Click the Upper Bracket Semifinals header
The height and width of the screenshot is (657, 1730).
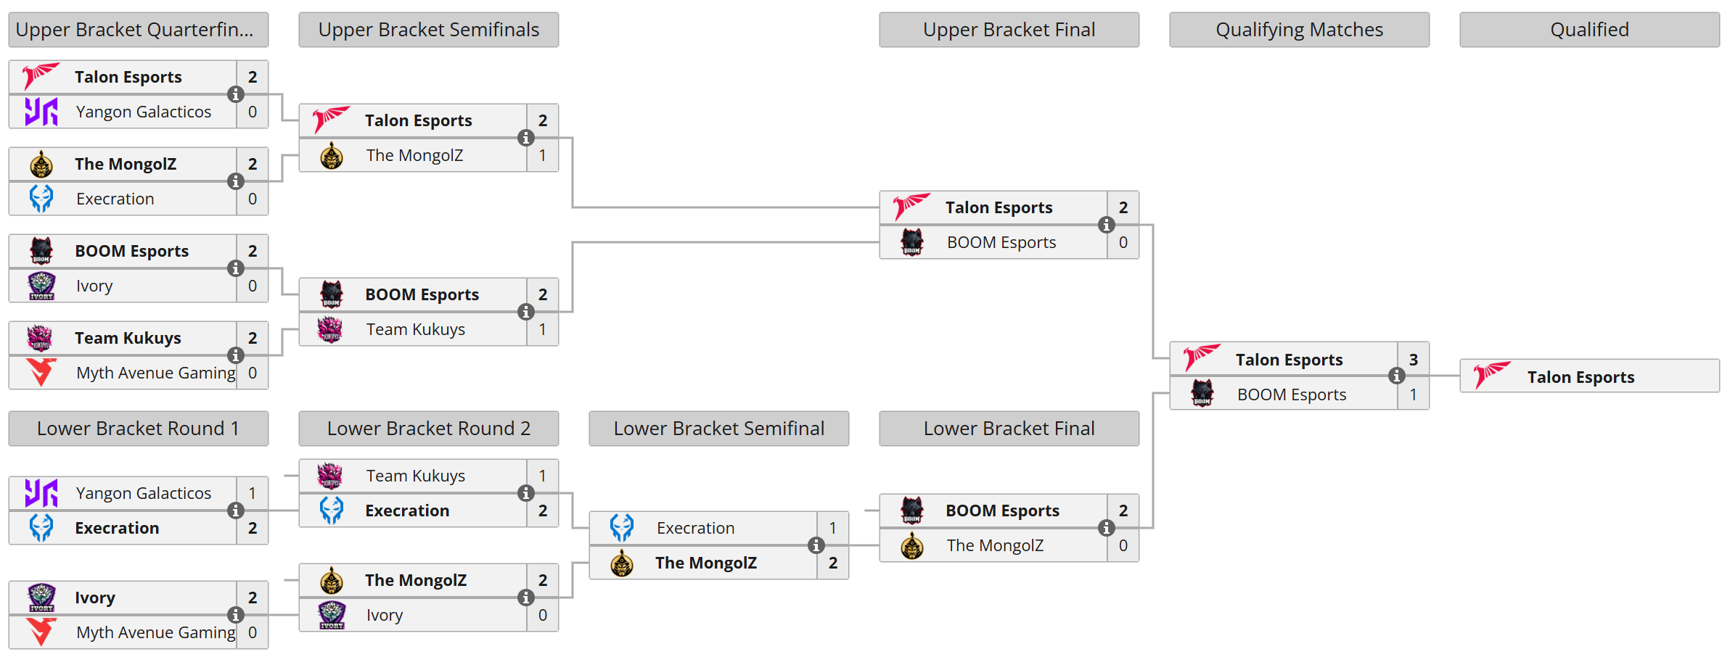tap(428, 30)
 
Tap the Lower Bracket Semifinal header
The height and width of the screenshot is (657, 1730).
tap(718, 429)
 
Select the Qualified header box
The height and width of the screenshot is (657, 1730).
tap(1589, 30)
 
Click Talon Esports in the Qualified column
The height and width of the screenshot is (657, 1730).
tap(1581, 377)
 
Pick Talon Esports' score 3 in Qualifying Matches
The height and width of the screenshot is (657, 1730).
tap(1413, 360)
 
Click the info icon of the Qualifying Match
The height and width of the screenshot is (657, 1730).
tap(1396, 376)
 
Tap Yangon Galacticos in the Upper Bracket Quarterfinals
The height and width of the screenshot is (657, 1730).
tap(143, 112)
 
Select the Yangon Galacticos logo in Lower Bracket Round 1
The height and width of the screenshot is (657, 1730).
tap(41, 493)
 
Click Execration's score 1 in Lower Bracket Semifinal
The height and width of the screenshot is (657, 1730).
tap(832, 528)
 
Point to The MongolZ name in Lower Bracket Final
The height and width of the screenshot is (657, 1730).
tap(994, 545)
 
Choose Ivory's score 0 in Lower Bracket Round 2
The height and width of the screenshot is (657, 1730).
tap(542, 615)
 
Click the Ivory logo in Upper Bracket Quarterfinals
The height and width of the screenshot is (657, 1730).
tap(41, 286)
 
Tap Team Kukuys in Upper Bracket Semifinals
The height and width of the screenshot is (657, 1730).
tap(415, 329)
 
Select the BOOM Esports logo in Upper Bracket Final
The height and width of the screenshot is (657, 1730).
tap(912, 242)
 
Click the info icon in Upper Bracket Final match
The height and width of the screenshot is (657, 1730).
tap(1106, 225)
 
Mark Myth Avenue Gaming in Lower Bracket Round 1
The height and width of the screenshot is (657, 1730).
tap(155, 632)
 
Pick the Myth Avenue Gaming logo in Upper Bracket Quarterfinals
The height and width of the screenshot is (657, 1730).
tap(41, 373)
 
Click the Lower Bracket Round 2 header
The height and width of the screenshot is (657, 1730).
tap(428, 429)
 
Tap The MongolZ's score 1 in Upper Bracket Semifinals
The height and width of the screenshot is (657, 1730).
tap(542, 155)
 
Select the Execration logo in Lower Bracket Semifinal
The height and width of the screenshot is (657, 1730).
tap(622, 528)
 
